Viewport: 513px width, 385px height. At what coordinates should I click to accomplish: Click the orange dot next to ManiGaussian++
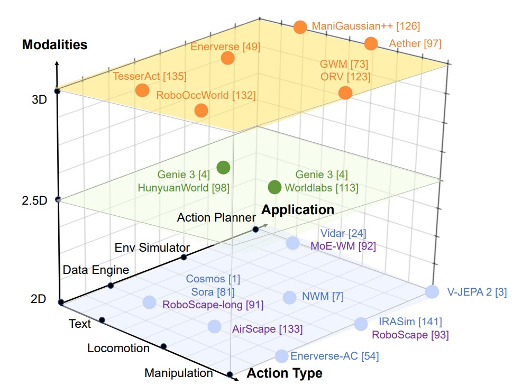(300, 27)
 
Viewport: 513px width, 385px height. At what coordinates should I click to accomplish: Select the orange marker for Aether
(371, 44)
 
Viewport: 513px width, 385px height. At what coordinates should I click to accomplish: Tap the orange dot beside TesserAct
(142, 90)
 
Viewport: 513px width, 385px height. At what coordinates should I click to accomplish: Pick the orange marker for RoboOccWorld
(201, 111)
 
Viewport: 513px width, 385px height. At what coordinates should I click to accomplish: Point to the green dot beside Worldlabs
(274, 187)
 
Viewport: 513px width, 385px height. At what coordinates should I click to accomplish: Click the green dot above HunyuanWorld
(224, 168)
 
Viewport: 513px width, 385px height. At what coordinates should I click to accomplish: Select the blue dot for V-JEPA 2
(432, 291)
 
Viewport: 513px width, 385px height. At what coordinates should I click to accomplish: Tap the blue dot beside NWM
(289, 297)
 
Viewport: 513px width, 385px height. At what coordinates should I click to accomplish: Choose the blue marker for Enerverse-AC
(281, 356)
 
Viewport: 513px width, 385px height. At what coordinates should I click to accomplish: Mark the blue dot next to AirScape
(214, 326)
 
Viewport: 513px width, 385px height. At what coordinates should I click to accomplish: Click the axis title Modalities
(54, 44)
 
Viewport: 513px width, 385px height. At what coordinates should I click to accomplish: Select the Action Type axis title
(285, 373)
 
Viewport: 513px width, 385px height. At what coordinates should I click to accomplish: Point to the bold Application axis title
(298, 210)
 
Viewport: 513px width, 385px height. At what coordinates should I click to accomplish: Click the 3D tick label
(39, 99)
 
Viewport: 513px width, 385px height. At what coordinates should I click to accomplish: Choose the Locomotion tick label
(118, 349)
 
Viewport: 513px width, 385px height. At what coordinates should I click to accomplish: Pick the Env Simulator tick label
(152, 247)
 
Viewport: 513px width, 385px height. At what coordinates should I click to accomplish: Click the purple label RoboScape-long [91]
(213, 305)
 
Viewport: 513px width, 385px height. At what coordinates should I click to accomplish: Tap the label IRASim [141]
(410, 322)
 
